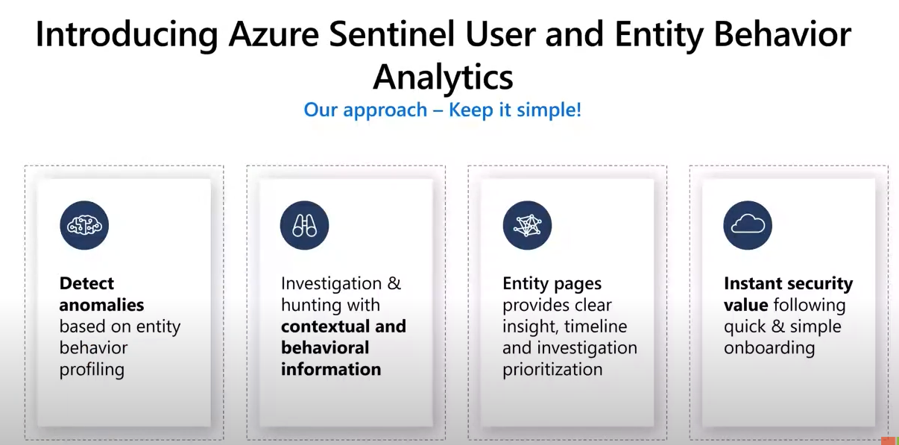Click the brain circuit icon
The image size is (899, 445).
(x=84, y=225)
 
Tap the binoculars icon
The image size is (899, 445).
(x=304, y=225)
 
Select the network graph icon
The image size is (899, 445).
(x=527, y=225)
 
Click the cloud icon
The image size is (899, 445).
(x=747, y=225)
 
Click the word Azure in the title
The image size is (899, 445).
(x=274, y=34)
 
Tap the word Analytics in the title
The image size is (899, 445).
(x=443, y=77)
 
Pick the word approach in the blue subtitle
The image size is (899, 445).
(x=385, y=111)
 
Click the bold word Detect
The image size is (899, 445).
(x=86, y=283)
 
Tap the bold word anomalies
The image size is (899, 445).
(x=101, y=305)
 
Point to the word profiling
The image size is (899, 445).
(x=92, y=370)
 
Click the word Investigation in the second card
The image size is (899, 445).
(x=331, y=284)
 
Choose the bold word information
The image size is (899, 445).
(x=331, y=369)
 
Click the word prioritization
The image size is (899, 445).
(x=552, y=370)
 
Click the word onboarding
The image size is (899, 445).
(x=769, y=348)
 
